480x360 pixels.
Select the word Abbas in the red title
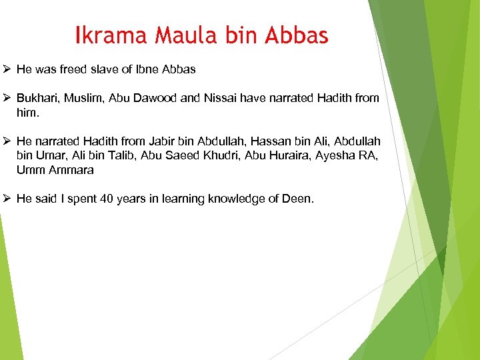click(297, 35)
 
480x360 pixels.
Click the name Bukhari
click(38, 98)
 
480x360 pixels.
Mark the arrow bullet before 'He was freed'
click(7, 69)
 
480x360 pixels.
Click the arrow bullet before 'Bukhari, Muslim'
click(7, 98)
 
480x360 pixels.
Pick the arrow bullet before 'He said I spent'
click(7, 199)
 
